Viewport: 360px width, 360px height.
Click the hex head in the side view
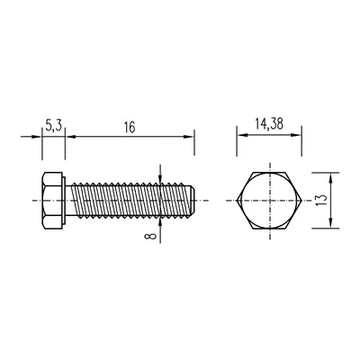point(53,200)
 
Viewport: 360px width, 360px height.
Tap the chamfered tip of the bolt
point(190,200)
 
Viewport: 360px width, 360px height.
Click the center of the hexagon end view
point(267,200)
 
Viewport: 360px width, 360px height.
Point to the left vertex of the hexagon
point(236,200)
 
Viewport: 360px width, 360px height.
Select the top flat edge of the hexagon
point(267,172)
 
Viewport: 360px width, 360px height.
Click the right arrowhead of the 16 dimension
point(190,137)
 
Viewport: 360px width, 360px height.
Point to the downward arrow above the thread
point(159,176)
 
